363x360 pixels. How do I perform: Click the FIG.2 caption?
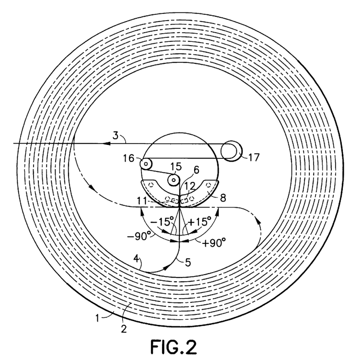pos(174,347)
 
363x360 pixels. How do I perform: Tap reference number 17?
pos(254,157)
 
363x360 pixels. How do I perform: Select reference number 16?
pos(128,158)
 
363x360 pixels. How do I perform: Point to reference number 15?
pos(176,167)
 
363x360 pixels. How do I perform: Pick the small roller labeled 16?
pos(146,164)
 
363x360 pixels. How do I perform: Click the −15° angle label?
pos(162,222)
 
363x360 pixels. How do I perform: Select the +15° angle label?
pos(199,221)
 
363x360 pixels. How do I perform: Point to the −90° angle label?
pos(138,236)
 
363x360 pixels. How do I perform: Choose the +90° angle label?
pos(214,243)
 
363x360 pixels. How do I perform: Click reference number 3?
pos(115,135)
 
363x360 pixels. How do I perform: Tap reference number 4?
pos(136,258)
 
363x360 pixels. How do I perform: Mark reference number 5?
pos(188,263)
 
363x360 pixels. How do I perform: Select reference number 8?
pos(223,198)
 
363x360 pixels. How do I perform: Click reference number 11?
pos(142,201)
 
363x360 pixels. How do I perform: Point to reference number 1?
pos(97,318)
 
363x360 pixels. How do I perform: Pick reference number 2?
pos(124,329)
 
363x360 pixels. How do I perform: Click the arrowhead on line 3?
pos(106,144)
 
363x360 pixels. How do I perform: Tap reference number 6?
pos(196,170)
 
